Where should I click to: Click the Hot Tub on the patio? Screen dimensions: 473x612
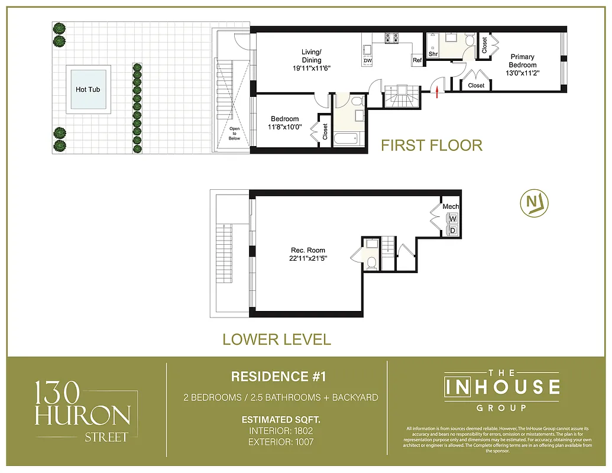[91, 89]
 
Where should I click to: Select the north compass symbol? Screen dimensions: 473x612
[535, 203]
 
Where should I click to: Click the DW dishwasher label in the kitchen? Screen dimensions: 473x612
[368, 61]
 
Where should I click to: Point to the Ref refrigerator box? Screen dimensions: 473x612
[417, 60]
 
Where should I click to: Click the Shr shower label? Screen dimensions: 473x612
[432, 54]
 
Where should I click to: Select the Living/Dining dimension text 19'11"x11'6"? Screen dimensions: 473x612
[311, 68]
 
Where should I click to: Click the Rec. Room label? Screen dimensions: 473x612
[307, 250]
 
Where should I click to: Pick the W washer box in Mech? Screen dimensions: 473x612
[453, 218]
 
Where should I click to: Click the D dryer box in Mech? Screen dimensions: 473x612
[453, 229]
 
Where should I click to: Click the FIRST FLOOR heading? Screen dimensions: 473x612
[431, 145]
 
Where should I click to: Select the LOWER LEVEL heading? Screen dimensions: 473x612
[276, 339]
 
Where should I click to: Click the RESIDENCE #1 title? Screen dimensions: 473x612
[278, 377]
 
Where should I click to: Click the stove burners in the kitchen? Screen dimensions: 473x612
[392, 38]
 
